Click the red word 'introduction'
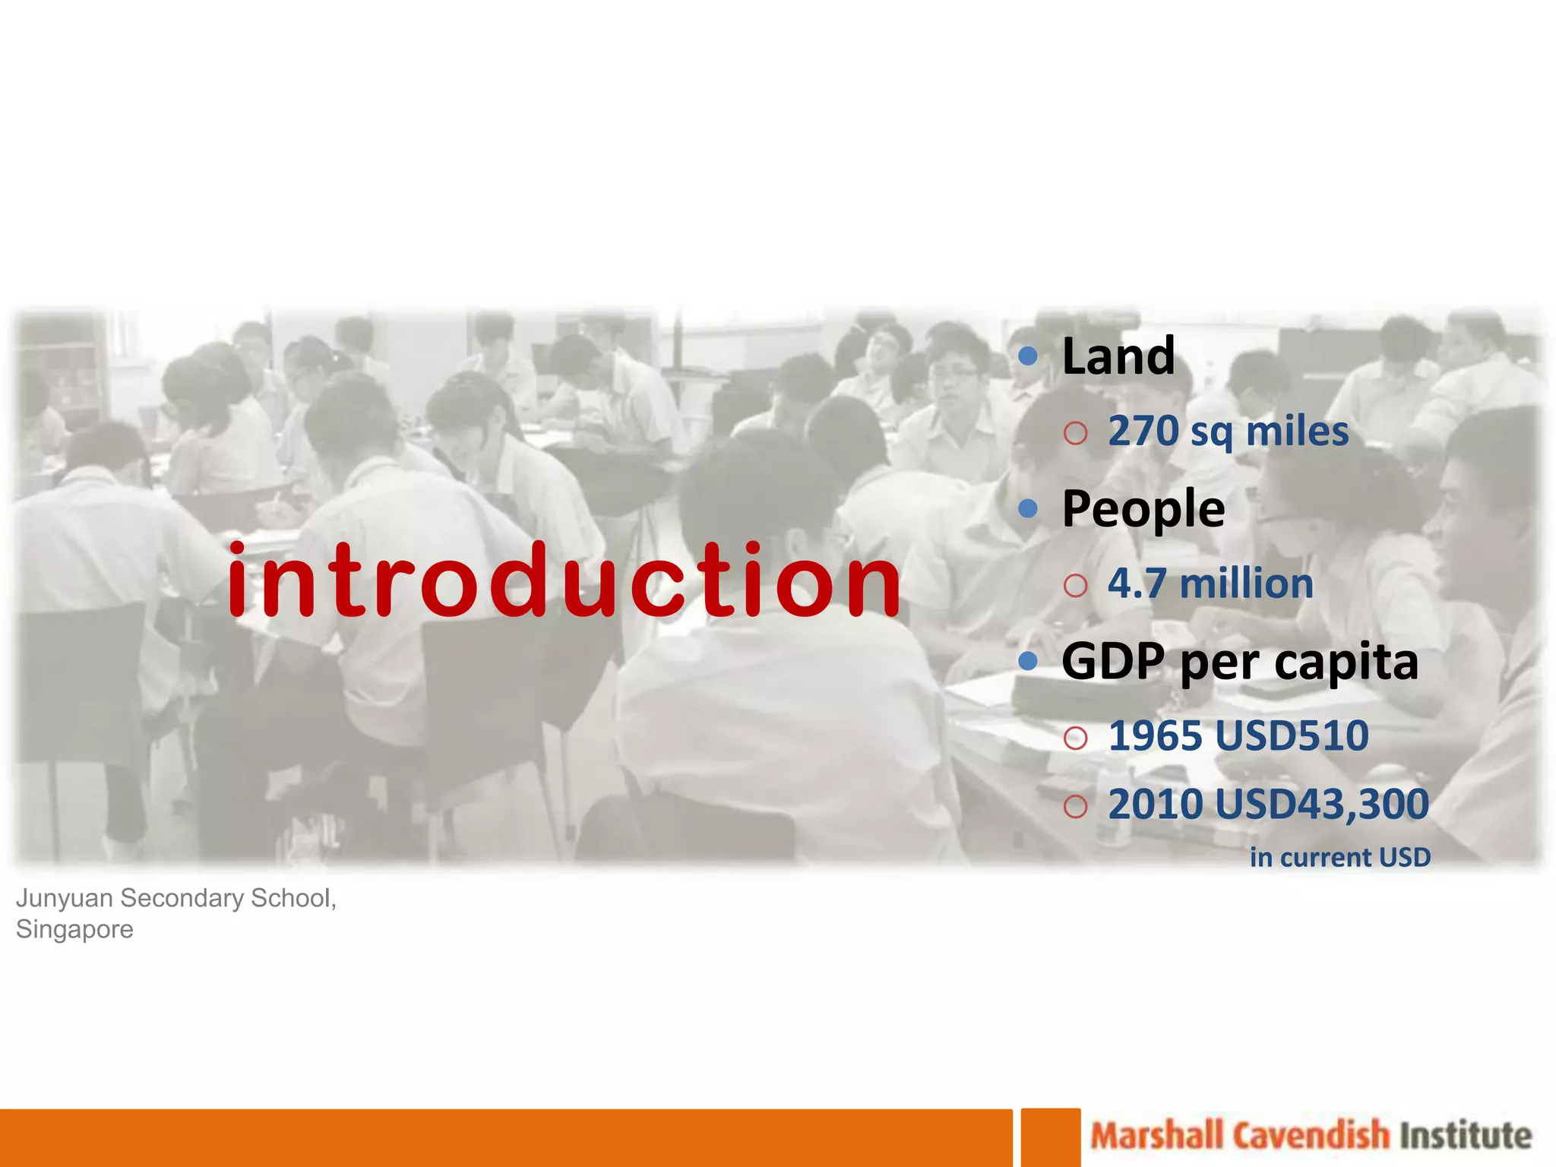[563, 580]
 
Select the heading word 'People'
[1143, 508]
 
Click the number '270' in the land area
[1143, 431]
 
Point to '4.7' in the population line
[1137, 583]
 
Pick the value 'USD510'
[1292, 735]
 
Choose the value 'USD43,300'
[1322, 804]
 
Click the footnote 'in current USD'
[1340, 857]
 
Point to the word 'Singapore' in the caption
[74, 929]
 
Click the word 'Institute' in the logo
[1466, 1136]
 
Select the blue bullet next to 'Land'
[1028, 356]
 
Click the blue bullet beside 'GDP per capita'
[1028, 660]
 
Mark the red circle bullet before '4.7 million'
[1075, 586]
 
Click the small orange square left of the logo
[1051, 1137]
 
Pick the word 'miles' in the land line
[1298, 431]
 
